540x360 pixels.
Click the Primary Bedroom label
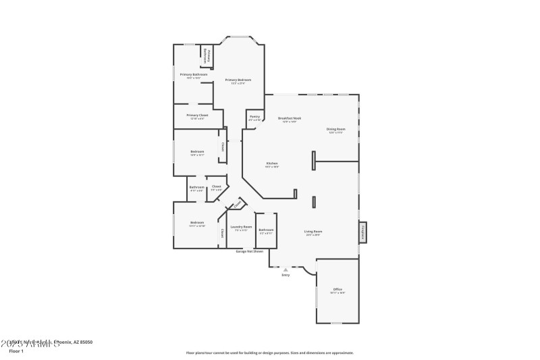click(x=234, y=80)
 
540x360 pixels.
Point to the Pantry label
click(x=254, y=117)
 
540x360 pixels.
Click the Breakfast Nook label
click(x=291, y=118)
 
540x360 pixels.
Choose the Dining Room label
click(x=335, y=129)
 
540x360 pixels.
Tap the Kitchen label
click(x=272, y=163)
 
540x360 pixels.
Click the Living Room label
click(x=313, y=231)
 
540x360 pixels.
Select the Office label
click(x=337, y=289)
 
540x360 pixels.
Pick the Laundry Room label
click(x=241, y=227)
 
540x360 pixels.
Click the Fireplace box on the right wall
click(x=362, y=232)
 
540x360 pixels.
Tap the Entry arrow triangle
click(x=286, y=269)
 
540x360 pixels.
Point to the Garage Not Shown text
click(x=249, y=251)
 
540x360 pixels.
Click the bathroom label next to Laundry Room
click(x=266, y=230)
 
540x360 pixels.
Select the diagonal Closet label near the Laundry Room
click(x=238, y=204)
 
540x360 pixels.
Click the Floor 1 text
click(x=16, y=351)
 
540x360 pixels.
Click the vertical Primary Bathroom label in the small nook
click(x=209, y=57)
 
